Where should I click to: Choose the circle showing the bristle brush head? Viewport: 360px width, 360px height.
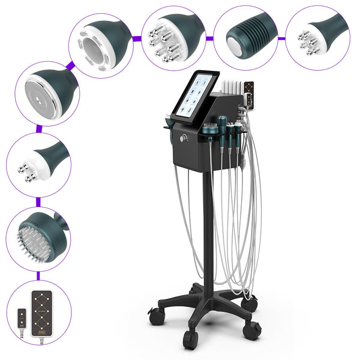tap(37, 236)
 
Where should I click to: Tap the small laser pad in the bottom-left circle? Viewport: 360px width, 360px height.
tap(22, 317)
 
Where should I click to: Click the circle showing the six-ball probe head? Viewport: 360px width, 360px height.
tap(172, 34)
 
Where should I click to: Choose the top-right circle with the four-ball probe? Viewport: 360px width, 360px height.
tap(317, 34)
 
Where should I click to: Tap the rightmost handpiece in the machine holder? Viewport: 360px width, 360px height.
tap(239, 127)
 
